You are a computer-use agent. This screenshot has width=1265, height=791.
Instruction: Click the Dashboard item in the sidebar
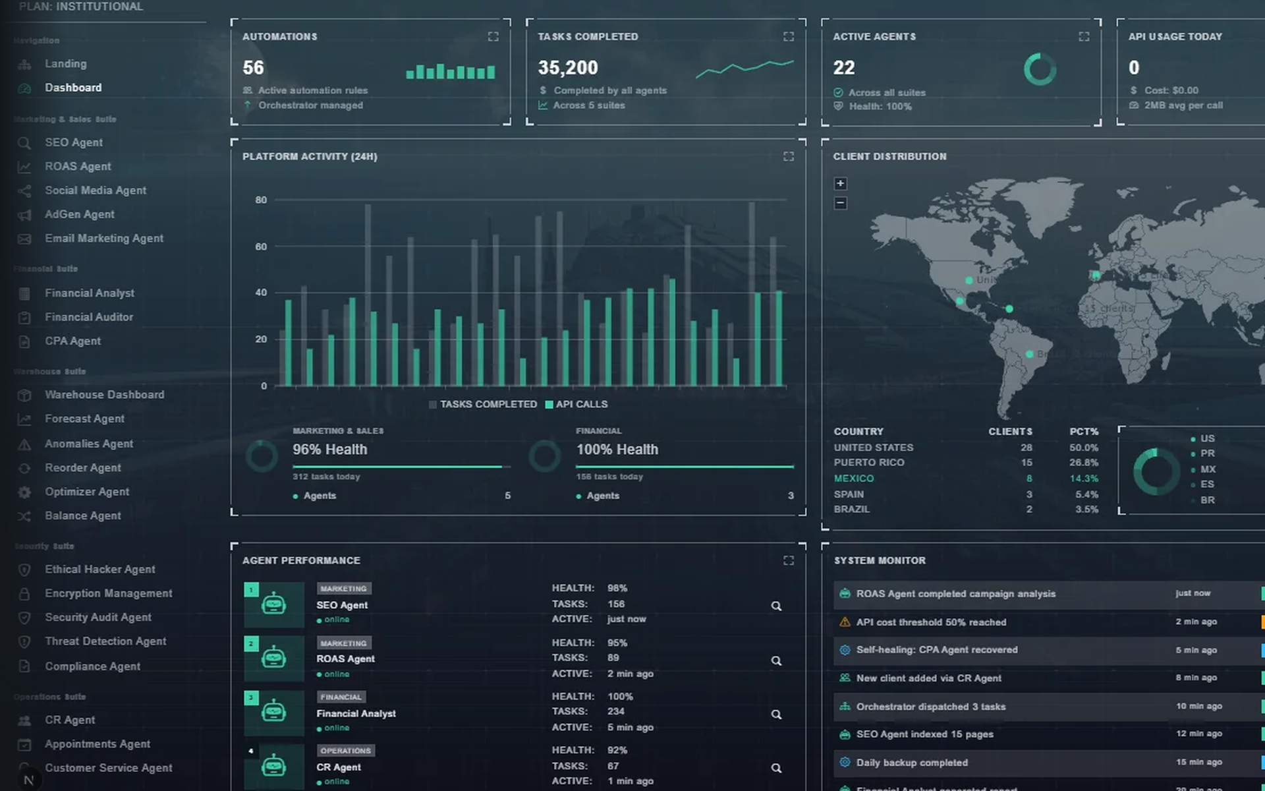click(x=72, y=88)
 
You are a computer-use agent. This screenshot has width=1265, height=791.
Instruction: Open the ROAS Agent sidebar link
click(x=77, y=166)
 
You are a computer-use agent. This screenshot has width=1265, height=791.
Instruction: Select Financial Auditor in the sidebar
click(x=88, y=317)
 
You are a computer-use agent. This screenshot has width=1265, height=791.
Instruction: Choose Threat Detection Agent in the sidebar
click(x=105, y=641)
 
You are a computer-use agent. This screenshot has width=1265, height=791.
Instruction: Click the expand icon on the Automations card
click(x=493, y=37)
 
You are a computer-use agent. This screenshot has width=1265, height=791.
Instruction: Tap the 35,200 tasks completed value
click(x=567, y=68)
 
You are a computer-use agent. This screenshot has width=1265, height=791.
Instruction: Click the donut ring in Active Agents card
click(x=1040, y=70)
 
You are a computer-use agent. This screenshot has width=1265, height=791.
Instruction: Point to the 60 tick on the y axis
click(x=261, y=247)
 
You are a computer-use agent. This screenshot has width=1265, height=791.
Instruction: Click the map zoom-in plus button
click(x=840, y=183)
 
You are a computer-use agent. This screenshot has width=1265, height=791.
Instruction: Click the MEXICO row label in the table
click(x=853, y=479)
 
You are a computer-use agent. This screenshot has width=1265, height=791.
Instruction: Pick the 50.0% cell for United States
click(x=1083, y=448)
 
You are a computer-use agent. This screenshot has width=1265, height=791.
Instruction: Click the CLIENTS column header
click(x=1010, y=432)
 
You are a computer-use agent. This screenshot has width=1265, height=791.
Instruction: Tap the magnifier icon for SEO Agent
click(x=776, y=606)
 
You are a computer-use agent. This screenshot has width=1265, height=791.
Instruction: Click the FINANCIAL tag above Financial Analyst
click(x=341, y=697)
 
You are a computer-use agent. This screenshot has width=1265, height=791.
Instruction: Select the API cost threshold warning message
click(x=930, y=622)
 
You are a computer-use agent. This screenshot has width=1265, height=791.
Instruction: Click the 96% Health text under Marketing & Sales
click(x=329, y=450)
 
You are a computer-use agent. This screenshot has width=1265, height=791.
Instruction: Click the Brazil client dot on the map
click(x=1029, y=354)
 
